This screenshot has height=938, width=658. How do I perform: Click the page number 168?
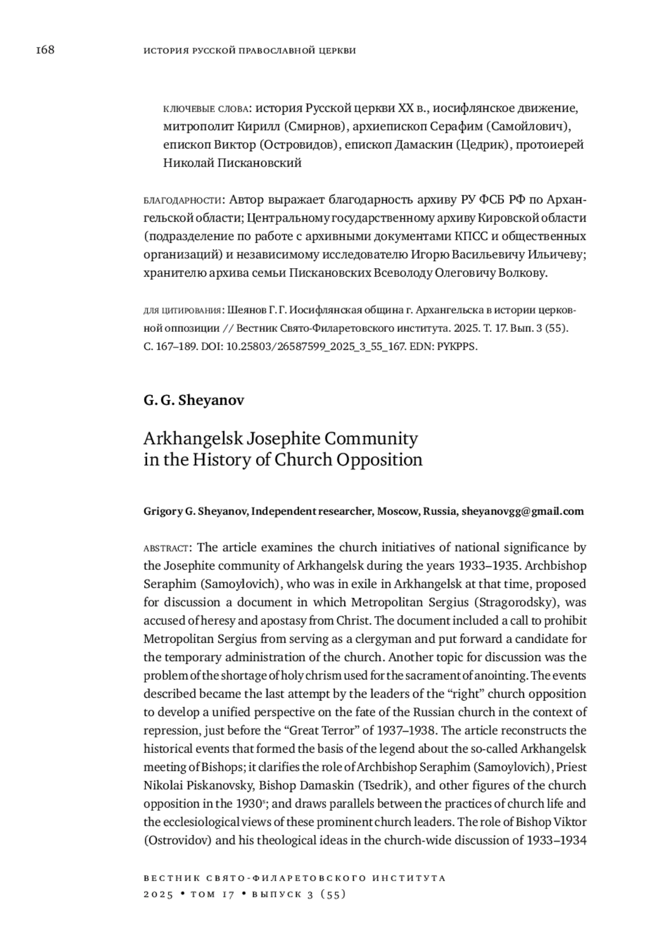tap(45, 50)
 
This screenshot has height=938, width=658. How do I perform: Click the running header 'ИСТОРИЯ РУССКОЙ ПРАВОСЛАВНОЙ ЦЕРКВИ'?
tap(249, 51)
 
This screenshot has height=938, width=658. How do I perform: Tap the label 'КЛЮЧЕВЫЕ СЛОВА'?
tap(207, 109)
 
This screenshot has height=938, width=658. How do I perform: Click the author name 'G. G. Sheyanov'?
tap(194, 400)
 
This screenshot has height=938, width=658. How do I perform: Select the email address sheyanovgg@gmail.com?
tap(523, 511)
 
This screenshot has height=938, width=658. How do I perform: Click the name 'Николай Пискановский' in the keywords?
tap(232, 163)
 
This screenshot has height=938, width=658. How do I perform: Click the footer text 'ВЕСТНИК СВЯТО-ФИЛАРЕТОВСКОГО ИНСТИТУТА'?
tap(294, 878)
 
